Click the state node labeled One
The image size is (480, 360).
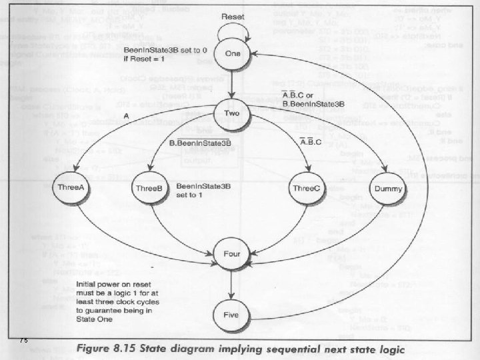[x=232, y=55]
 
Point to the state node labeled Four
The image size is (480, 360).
[x=231, y=253]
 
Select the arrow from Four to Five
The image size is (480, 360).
[x=231, y=283]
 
